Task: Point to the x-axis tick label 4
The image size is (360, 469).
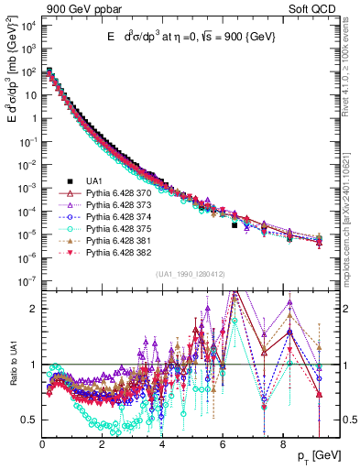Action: click(x=162, y=446)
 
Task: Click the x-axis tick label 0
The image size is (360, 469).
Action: click(x=43, y=446)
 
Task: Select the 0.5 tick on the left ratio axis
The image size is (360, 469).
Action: click(x=29, y=420)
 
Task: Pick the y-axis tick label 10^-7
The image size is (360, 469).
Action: click(x=27, y=282)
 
